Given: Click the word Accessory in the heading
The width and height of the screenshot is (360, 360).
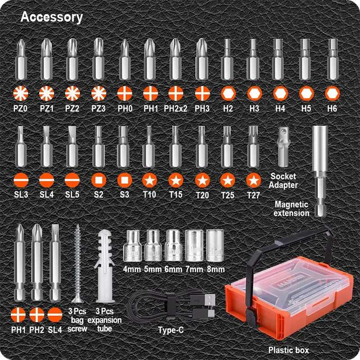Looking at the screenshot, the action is (x=52, y=17).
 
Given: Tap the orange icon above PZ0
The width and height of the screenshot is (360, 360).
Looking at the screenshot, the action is (x=21, y=94).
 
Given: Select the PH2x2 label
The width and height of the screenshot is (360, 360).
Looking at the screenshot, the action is (x=175, y=108).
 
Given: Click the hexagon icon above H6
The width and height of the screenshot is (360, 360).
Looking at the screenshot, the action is (x=332, y=94).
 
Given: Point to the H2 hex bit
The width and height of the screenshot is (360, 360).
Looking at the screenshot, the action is (x=227, y=59).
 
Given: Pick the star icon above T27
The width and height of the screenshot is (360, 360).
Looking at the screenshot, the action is (x=253, y=180).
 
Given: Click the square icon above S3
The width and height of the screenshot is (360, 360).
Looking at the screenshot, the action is (x=125, y=180).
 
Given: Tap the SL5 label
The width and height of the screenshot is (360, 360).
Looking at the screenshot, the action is (x=72, y=195).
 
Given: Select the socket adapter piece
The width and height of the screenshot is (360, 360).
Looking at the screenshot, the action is (x=284, y=147).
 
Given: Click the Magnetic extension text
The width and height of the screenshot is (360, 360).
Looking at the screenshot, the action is (x=292, y=209).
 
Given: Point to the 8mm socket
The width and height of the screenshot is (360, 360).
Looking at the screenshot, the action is (x=215, y=246).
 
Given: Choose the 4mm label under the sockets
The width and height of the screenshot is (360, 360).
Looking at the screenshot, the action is (x=132, y=269).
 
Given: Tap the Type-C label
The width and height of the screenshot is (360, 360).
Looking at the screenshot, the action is (x=171, y=330).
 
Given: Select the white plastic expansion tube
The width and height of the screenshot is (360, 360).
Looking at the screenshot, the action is (x=105, y=266).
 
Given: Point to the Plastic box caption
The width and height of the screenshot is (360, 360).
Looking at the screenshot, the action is (x=288, y=350).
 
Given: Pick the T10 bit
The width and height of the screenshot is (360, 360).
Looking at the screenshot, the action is (x=148, y=147).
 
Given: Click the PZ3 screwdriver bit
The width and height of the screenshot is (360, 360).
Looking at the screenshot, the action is (x=98, y=59).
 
